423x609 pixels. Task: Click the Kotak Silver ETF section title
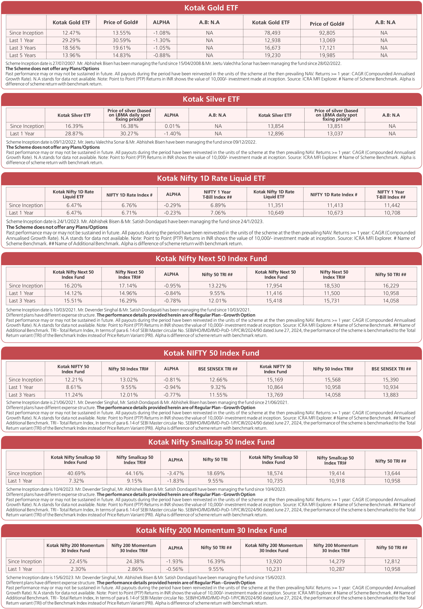(x=211, y=99)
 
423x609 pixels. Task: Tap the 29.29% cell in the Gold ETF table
(x=71, y=40)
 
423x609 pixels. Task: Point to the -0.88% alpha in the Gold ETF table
(x=162, y=55)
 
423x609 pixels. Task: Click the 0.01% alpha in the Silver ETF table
(x=172, y=126)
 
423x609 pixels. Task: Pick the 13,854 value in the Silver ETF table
(x=276, y=126)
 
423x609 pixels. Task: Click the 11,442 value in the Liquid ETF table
(x=392, y=205)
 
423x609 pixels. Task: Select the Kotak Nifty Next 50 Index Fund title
(x=211, y=259)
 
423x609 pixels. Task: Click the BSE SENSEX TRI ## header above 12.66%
(x=218, y=369)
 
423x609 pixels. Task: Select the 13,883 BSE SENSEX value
(x=391, y=395)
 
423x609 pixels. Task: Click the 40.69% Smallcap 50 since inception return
(x=75, y=473)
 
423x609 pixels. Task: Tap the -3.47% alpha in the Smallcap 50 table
(x=175, y=473)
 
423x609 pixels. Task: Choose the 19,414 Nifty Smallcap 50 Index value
(x=337, y=473)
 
